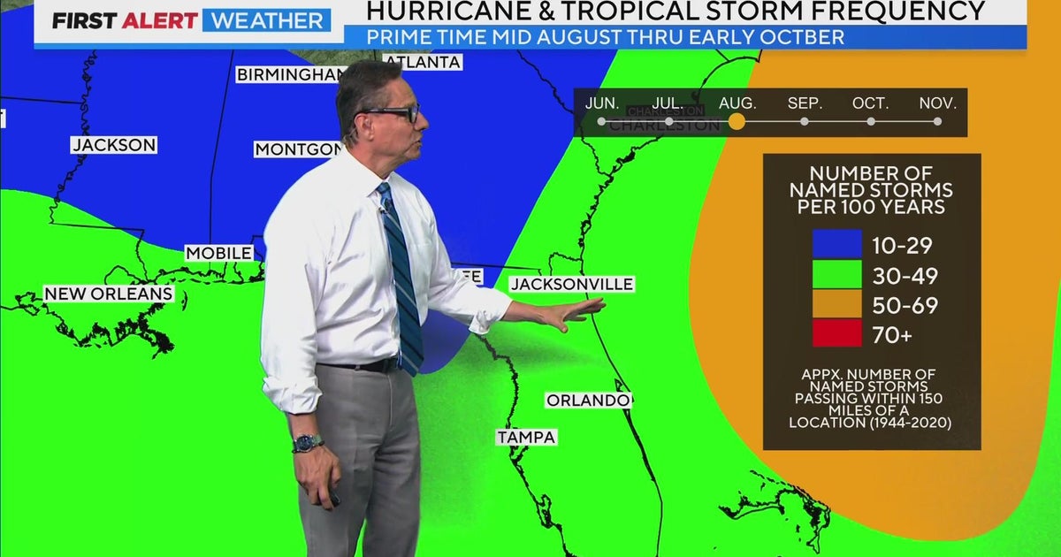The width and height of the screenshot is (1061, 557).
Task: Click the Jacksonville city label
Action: click(572, 284)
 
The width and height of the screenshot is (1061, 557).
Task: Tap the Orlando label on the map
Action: click(587, 401)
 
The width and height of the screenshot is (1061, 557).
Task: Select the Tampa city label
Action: click(526, 437)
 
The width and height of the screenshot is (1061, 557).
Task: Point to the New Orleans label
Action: click(109, 294)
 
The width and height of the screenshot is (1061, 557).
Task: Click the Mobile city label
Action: click(218, 254)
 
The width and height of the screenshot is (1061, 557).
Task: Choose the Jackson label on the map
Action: click(114, 145)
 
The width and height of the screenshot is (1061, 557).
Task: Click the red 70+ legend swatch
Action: click(837, 333)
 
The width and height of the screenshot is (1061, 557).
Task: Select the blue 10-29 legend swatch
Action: click(837, 244)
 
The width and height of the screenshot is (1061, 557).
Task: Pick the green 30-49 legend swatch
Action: click(837, 274)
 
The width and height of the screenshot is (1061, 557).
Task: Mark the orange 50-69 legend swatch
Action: click(837, 304)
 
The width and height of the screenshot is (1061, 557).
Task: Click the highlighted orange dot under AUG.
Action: click(737, 122)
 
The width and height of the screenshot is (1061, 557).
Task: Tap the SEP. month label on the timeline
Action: click(805, 103)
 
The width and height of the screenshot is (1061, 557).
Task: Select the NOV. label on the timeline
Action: click(937, 103)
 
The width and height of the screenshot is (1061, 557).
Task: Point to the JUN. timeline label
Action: click(602, 103)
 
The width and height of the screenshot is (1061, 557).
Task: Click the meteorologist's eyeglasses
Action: click(391, 113)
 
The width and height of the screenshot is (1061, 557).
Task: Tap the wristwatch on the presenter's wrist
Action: click(307, 443)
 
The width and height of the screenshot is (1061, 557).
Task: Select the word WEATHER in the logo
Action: click(266, 20)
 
